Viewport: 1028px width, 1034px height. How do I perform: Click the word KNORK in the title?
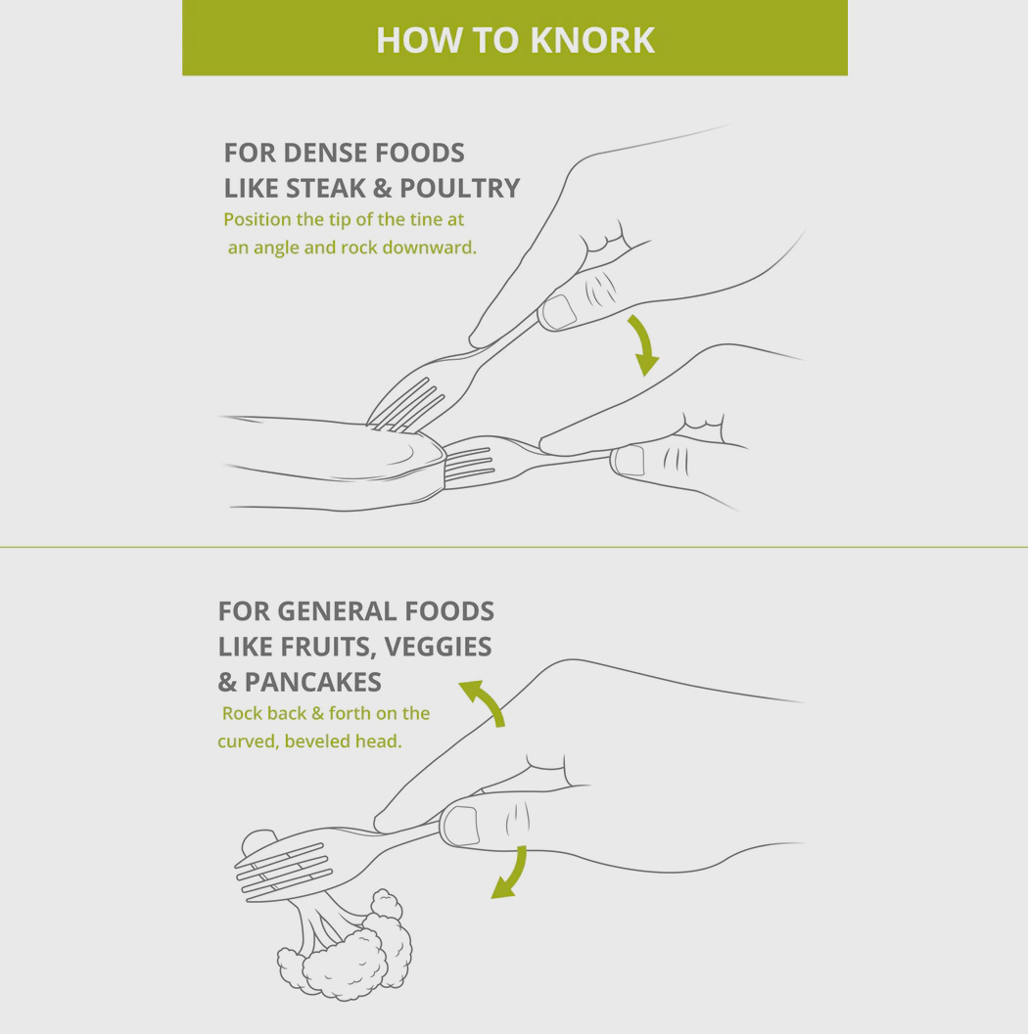[x=592, y=40]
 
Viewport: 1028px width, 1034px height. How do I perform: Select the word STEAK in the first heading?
[x=326, y=188]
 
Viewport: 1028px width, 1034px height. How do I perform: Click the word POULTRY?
[x=459, y=188]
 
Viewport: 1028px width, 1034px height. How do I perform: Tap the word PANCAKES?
[x=312, y=682]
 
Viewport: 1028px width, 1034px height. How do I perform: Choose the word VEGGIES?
[x=438, y=647]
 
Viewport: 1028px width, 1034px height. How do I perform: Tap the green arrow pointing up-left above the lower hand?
[x=484, y=701]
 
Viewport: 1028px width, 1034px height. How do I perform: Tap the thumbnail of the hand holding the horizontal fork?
[x=630, y=461]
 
